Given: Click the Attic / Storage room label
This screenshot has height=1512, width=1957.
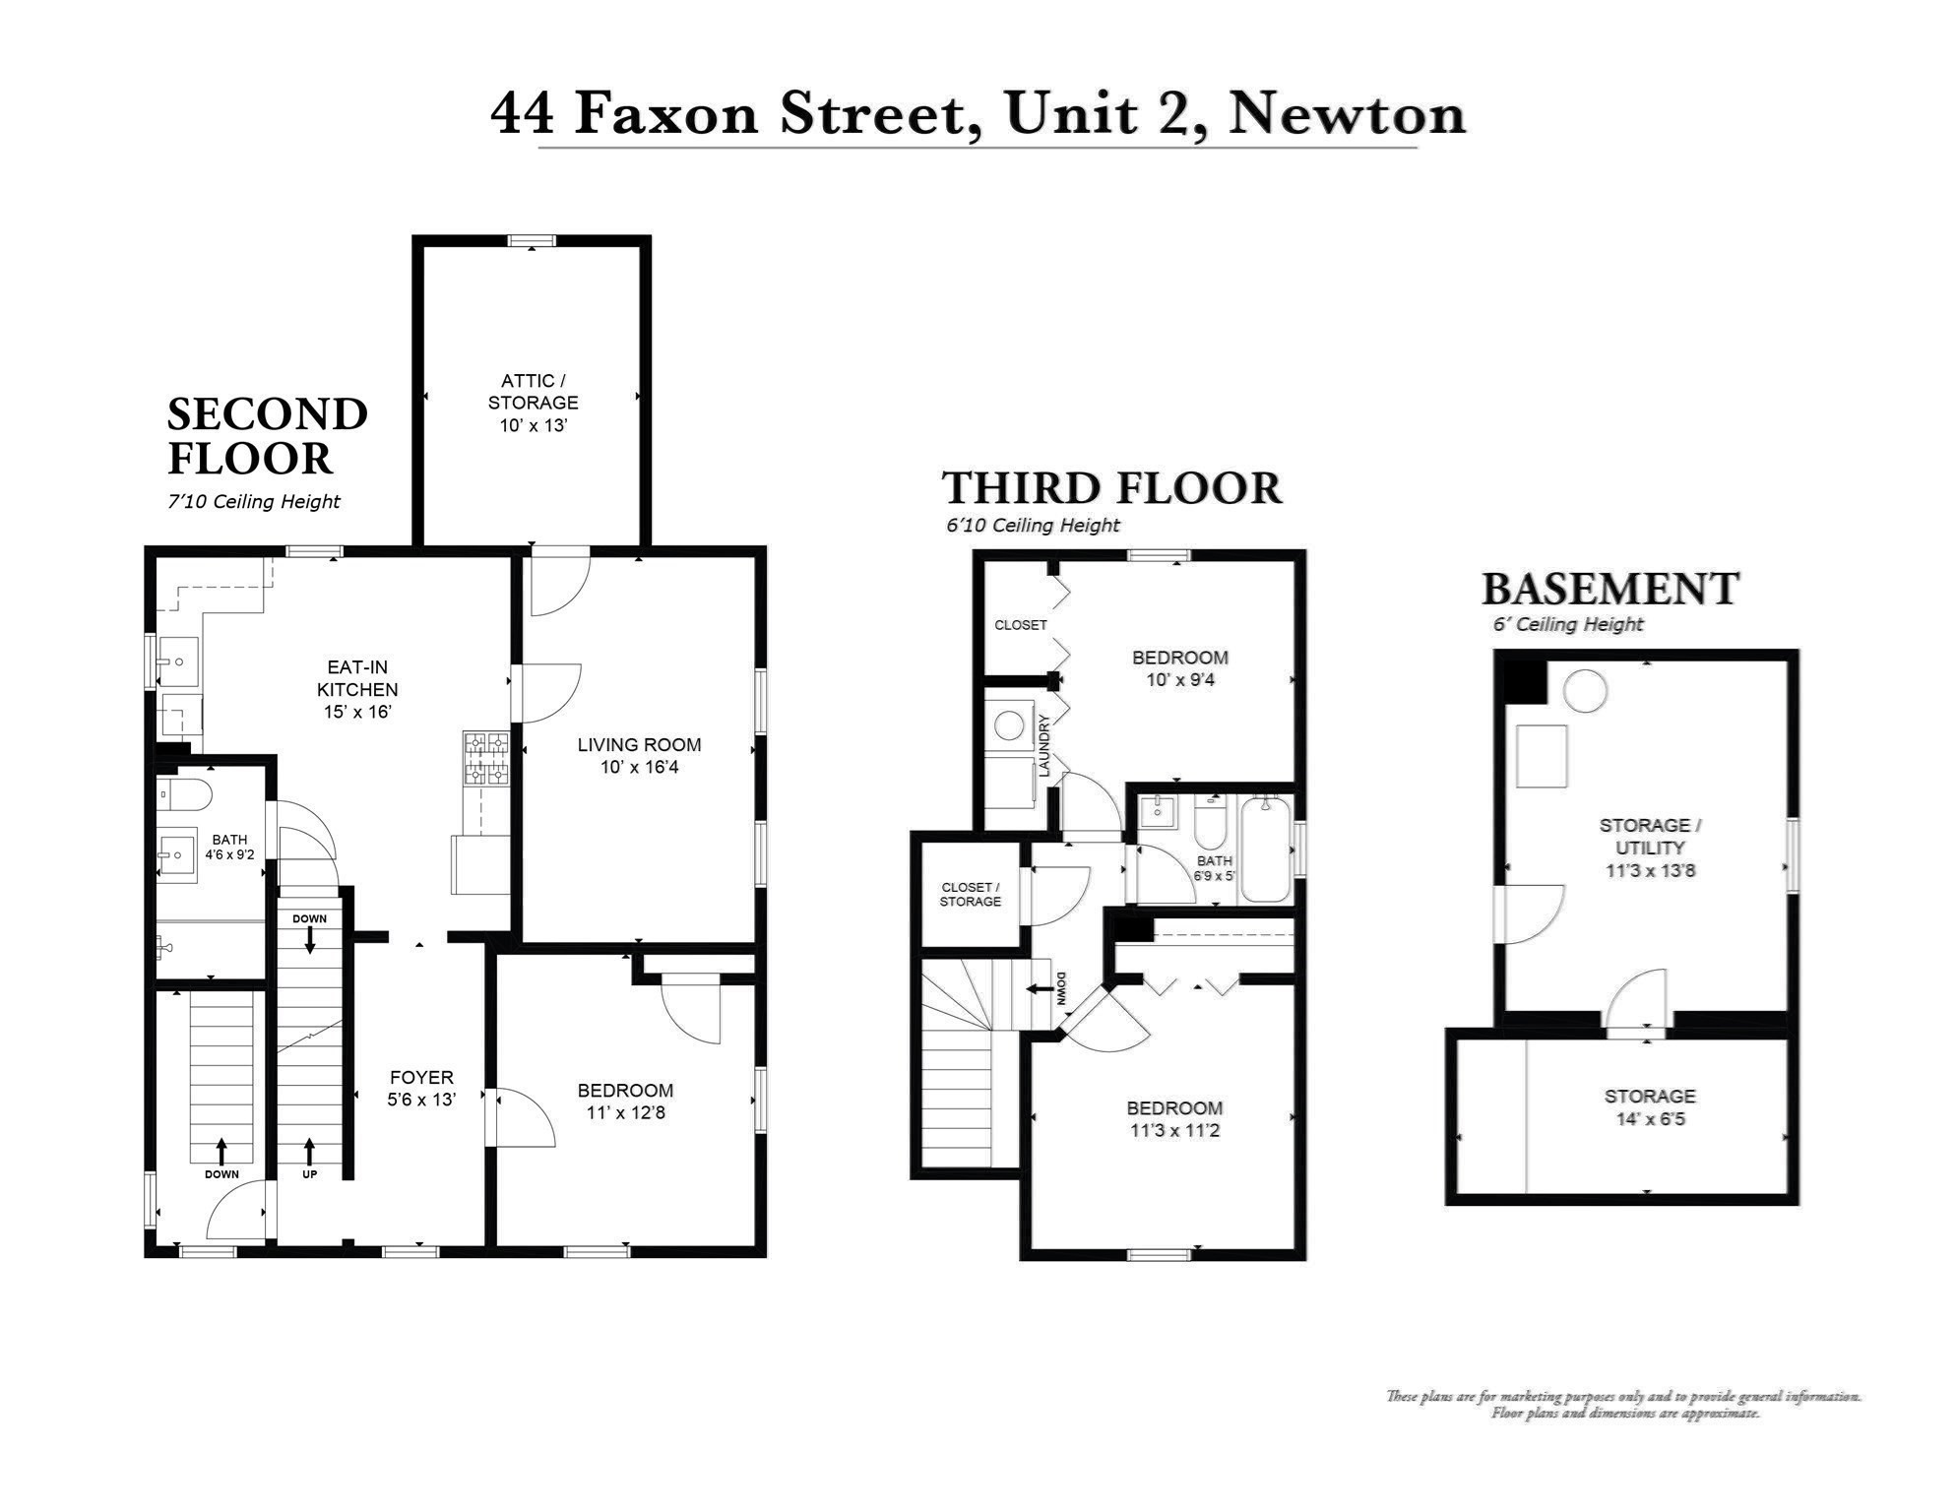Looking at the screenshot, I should (x=533, y=392).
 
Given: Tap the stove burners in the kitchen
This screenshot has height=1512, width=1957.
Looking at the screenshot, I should (x=485, y=759).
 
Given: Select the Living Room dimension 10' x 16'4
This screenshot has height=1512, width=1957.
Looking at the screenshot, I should (x=639, y=768).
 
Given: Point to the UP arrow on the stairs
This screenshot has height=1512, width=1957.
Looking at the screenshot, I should (x=310, y=1150).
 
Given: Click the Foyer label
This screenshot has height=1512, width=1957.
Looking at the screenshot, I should (x=421, y=1078).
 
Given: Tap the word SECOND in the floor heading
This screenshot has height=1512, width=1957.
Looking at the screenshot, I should (x=268, y=414).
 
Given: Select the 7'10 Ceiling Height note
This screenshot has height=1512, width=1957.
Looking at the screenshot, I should (x=254, y=502).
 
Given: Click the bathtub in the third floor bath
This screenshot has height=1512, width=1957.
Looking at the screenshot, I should (x=1265, y=850).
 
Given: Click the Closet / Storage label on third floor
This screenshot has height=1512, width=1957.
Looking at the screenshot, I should (x=970, y=895).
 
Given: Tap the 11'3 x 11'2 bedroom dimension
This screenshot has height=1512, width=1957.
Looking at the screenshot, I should (x=1174, y=1131).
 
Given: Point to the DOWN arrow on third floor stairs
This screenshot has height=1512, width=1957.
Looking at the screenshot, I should (x=1040, y=989).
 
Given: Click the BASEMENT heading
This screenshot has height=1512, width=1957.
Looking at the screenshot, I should (x=1610, y=589).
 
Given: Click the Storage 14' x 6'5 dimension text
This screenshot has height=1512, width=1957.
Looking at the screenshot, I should (x=1650, y=1119).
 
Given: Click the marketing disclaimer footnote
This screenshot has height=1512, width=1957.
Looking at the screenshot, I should (x=1623, y=1405).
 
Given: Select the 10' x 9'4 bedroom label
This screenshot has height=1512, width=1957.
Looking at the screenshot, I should (x=1179, y=680).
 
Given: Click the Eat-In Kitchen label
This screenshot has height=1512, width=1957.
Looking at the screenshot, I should (x=357, y=689).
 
